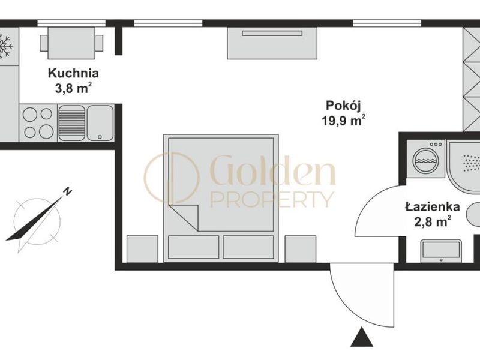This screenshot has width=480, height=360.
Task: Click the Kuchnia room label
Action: (x=73, y=74)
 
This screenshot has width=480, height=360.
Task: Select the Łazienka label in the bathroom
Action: (x=433, y=206)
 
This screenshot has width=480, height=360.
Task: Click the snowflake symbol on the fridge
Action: (x=5, y=46)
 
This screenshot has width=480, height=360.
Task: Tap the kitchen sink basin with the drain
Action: (x=100, y=123)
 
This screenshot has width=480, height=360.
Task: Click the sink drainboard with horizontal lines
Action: (x=71, y=123)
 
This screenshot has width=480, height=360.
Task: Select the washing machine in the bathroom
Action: (x=425, y=159)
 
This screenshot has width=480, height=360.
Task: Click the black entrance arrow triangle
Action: (x=362, y=337)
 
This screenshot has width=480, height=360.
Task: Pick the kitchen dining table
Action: (x=71, y=43)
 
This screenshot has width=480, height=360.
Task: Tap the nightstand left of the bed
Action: (x=142, y=249)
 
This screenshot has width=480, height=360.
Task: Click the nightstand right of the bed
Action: (x=301, y=249)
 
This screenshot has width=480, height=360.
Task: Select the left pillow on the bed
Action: (x=193, y=247)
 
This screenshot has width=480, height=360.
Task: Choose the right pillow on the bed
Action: (x=248, y=247)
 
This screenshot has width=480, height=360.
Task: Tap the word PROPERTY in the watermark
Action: (x=272, y=199)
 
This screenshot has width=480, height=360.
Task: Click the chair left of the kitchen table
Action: (x=44, y=43)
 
